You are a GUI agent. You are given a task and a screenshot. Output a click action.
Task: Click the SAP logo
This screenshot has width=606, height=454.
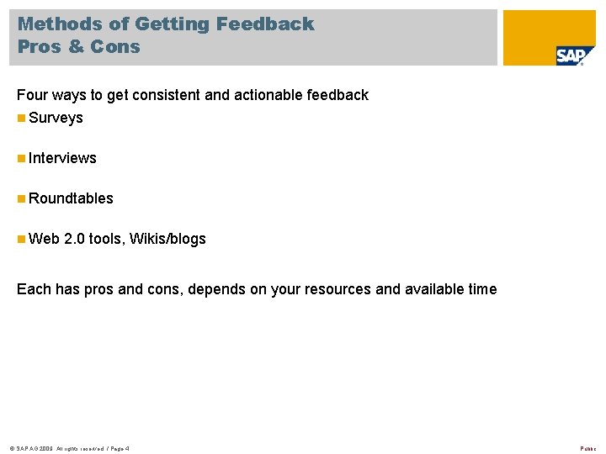575,55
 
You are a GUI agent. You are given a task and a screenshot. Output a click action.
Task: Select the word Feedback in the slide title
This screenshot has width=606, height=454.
265,24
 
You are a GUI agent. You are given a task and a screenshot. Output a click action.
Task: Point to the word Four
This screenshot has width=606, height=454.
32,95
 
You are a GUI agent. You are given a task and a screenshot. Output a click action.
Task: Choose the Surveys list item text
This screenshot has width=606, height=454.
56,118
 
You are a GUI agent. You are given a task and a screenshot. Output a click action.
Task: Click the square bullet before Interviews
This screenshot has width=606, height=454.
21,158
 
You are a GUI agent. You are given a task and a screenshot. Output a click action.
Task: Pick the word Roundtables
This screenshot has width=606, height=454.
71,198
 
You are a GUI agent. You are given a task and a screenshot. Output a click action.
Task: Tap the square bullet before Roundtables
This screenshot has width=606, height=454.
21,198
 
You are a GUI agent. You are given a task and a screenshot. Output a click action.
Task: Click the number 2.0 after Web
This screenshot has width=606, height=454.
74,239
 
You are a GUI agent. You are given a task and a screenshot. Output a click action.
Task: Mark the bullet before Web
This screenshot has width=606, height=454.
21,239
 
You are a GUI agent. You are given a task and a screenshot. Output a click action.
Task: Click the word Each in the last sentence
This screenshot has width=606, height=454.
33,289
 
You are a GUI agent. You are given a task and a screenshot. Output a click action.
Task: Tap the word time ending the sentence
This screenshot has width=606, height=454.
481,289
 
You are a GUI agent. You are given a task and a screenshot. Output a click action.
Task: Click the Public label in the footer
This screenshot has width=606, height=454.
589,447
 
